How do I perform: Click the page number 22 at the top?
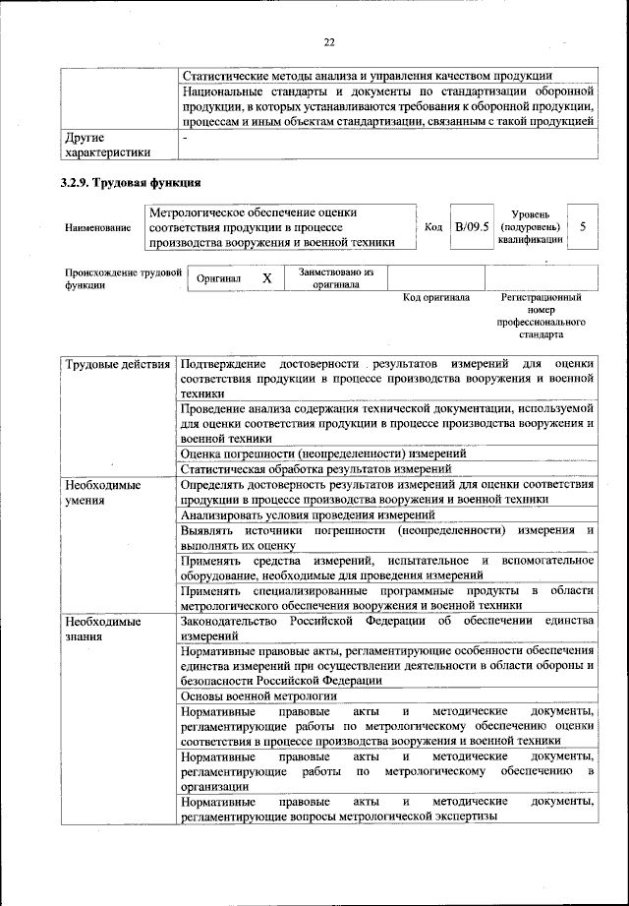point(329,40)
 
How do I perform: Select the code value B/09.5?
point(471,227)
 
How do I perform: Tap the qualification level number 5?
point(583,227)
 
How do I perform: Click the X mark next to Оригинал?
point(266,278)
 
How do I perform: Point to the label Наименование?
point(97,228)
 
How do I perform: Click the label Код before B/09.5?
point(432,227)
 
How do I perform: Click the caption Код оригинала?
point(436,297)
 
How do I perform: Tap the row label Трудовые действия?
point(117,365)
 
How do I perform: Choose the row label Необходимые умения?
point(102,493)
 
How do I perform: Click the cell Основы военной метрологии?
point(259,695)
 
